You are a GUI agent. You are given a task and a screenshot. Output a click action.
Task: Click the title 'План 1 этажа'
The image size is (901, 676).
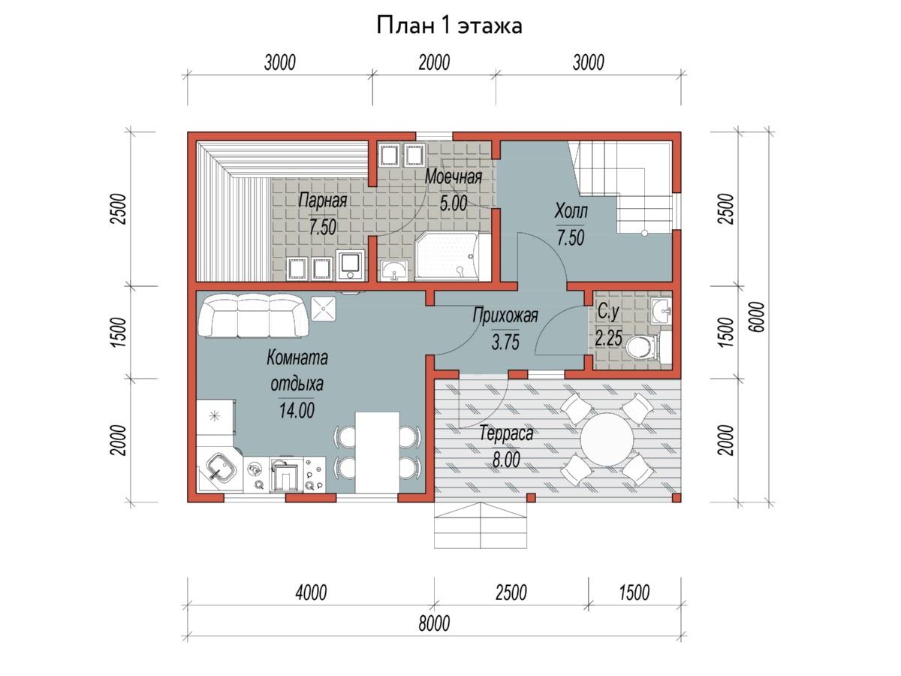(x=449, y=26)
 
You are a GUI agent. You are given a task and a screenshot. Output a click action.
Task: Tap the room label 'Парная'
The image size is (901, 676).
(x=323, y=201)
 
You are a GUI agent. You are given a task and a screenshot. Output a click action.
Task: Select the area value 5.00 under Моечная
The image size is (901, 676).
(x=454, y=203)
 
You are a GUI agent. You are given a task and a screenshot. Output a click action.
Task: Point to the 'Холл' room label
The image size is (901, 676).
(x=571, y=210)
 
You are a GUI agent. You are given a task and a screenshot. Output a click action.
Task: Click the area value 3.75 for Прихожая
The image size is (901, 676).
(x=505, y=342)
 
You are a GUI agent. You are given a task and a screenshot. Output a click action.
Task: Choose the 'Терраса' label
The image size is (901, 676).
(x=507, y=433)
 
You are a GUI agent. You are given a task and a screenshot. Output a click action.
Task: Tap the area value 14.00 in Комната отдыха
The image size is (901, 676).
(x=297, y=410)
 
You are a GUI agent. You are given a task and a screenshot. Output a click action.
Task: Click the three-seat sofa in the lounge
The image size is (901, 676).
(x=254, y=315)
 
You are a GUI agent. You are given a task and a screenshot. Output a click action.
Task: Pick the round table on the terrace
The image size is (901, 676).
(x=607, y=439)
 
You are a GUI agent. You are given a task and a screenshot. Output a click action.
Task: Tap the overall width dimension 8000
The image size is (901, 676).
(x=434, y=623)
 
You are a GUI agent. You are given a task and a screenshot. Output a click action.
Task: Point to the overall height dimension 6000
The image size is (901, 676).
(x=757, y=317)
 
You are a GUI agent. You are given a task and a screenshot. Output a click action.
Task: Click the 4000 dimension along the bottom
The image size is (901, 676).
(x=311, y=593)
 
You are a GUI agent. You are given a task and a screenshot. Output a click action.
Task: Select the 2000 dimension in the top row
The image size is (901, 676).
(x=434, y=63)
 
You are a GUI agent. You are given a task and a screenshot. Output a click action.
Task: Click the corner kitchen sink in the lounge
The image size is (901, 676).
(x=221, y=469)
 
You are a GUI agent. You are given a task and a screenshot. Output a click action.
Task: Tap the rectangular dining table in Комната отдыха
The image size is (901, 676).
(x=377, y=452)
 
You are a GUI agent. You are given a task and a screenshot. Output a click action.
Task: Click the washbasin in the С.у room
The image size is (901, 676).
(x=661, y=311)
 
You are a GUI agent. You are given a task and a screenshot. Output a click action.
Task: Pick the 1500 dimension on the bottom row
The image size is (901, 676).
(x=634, y=593)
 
